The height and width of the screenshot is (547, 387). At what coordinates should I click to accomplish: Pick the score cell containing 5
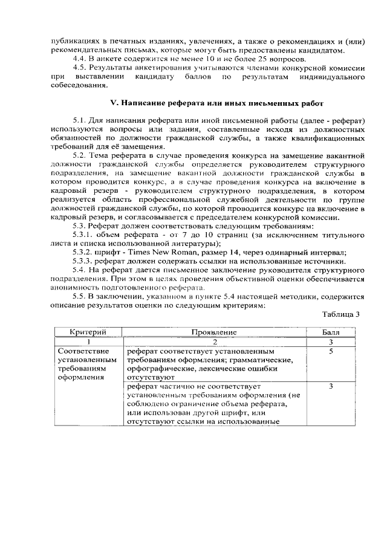point(331,351)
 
